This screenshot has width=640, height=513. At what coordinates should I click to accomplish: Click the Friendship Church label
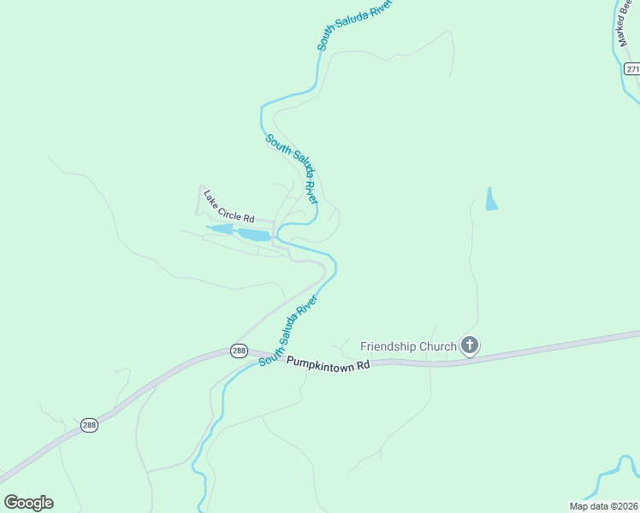[408, 346]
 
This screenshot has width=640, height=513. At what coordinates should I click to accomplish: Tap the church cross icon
[469, 345]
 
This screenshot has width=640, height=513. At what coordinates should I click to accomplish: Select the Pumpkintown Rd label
[328, 363]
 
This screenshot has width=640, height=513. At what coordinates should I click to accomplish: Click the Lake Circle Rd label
[229, 206]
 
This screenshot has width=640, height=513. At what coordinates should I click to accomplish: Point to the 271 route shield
[631, 68]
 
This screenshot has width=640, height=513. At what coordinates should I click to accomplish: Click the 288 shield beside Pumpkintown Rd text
[240, 351]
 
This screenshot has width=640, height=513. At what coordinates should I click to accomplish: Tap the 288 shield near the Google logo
[90, 425]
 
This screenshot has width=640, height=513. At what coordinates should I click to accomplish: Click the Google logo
[28, 502]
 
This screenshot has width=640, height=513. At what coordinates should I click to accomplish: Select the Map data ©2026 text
[603, 506]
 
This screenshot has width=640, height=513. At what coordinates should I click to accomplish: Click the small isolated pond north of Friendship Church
[491, 199]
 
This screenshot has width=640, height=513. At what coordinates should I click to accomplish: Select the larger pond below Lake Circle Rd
[253, 234]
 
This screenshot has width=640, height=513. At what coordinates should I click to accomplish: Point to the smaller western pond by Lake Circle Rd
[220, 229]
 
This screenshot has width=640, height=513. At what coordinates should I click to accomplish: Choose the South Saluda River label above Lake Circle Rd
[292, 168]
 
